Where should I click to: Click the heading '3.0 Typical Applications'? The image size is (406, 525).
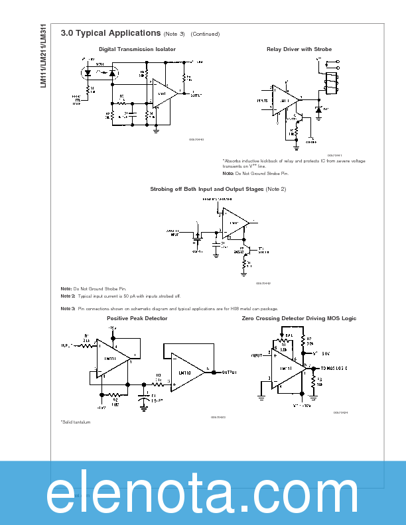[x=110, y=33]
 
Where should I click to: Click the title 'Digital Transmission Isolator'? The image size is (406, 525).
[x=137, y=49]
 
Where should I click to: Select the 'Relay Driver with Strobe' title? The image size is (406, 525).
[x=299, y=49]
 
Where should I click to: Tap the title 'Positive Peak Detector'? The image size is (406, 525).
[x=137, y=318]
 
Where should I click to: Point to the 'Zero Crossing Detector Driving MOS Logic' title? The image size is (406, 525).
[x=299, y=318]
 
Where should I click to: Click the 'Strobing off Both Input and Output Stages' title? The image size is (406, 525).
[x=207, y=189]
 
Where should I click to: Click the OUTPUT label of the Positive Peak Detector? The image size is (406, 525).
[x=230, y=372]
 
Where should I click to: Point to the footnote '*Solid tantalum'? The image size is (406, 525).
[x=75, y=422]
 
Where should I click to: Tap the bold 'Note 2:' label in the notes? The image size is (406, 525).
[x=68, y=296]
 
